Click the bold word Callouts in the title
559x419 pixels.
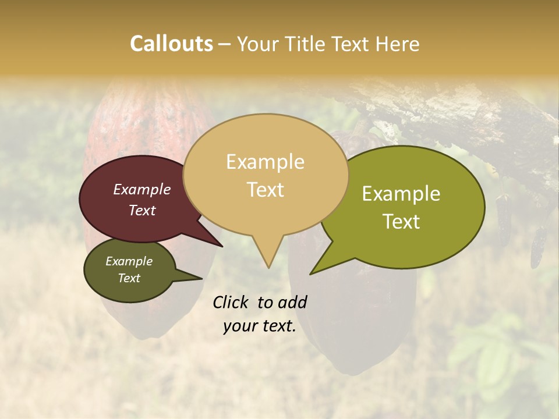coord(171,44)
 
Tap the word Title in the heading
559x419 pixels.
coord(309,44)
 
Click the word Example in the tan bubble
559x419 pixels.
coord(265,162)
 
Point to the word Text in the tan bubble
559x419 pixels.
coord(266,190)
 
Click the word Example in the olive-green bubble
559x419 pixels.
coord(401,194)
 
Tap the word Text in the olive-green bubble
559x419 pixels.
coord(402,222)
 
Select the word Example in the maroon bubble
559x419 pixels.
coord(142,190)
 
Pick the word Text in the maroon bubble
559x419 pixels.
coord(142,211)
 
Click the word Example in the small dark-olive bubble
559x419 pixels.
coord(129,261)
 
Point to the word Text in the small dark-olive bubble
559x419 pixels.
coord(129,278)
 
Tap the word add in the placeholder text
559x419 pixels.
coord(292,302)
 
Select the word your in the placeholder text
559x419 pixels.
coord(240,326)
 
